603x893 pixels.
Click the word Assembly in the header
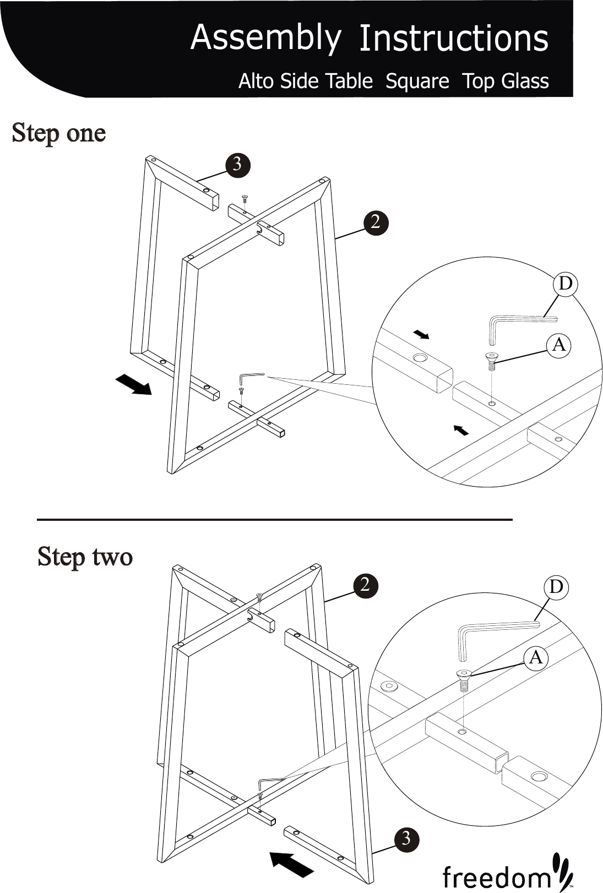(265, 38)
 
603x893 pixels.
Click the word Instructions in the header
(453, 39)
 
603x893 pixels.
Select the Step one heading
(59, 133)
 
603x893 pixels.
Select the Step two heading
(85, 557)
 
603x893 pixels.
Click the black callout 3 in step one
(237, 164)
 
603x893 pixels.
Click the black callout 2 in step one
(376, 222)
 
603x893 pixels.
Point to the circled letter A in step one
(559, 345)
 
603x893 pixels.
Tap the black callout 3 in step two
(406, 839)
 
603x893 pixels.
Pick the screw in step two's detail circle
(464, 680)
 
